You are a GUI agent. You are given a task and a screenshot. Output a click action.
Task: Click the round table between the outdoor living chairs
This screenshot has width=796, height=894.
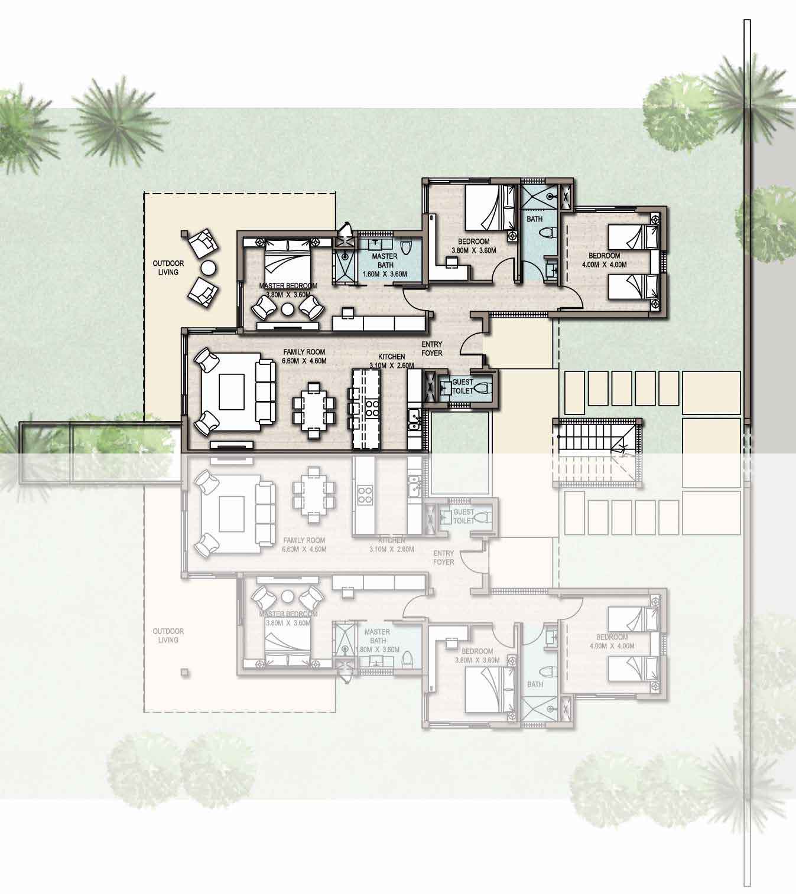tap(209, 267)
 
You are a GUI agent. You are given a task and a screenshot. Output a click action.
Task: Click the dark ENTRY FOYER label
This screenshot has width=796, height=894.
tap(431, 348)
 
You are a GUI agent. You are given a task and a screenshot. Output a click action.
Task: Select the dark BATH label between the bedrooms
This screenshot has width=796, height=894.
tap(534, 219)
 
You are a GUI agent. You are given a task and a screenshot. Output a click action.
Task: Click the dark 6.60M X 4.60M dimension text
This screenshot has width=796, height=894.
tap(304, 361)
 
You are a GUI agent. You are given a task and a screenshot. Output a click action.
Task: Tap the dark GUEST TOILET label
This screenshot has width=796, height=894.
tap(463, 386)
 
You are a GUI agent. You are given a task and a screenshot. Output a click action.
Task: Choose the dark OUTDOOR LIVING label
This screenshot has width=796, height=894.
tap(168, 267)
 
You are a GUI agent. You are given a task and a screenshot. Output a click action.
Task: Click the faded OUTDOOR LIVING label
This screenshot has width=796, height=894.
tap(168, 635)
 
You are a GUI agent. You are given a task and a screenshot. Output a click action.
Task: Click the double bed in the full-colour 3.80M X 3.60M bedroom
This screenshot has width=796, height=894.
tap(487, 208)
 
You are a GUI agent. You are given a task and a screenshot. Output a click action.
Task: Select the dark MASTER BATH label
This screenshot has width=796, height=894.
tap(385, 261)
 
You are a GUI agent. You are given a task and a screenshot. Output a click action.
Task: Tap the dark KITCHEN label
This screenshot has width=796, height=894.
tap(392, 357)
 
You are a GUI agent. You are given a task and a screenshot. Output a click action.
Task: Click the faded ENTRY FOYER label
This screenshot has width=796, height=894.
tap(444, 557)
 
